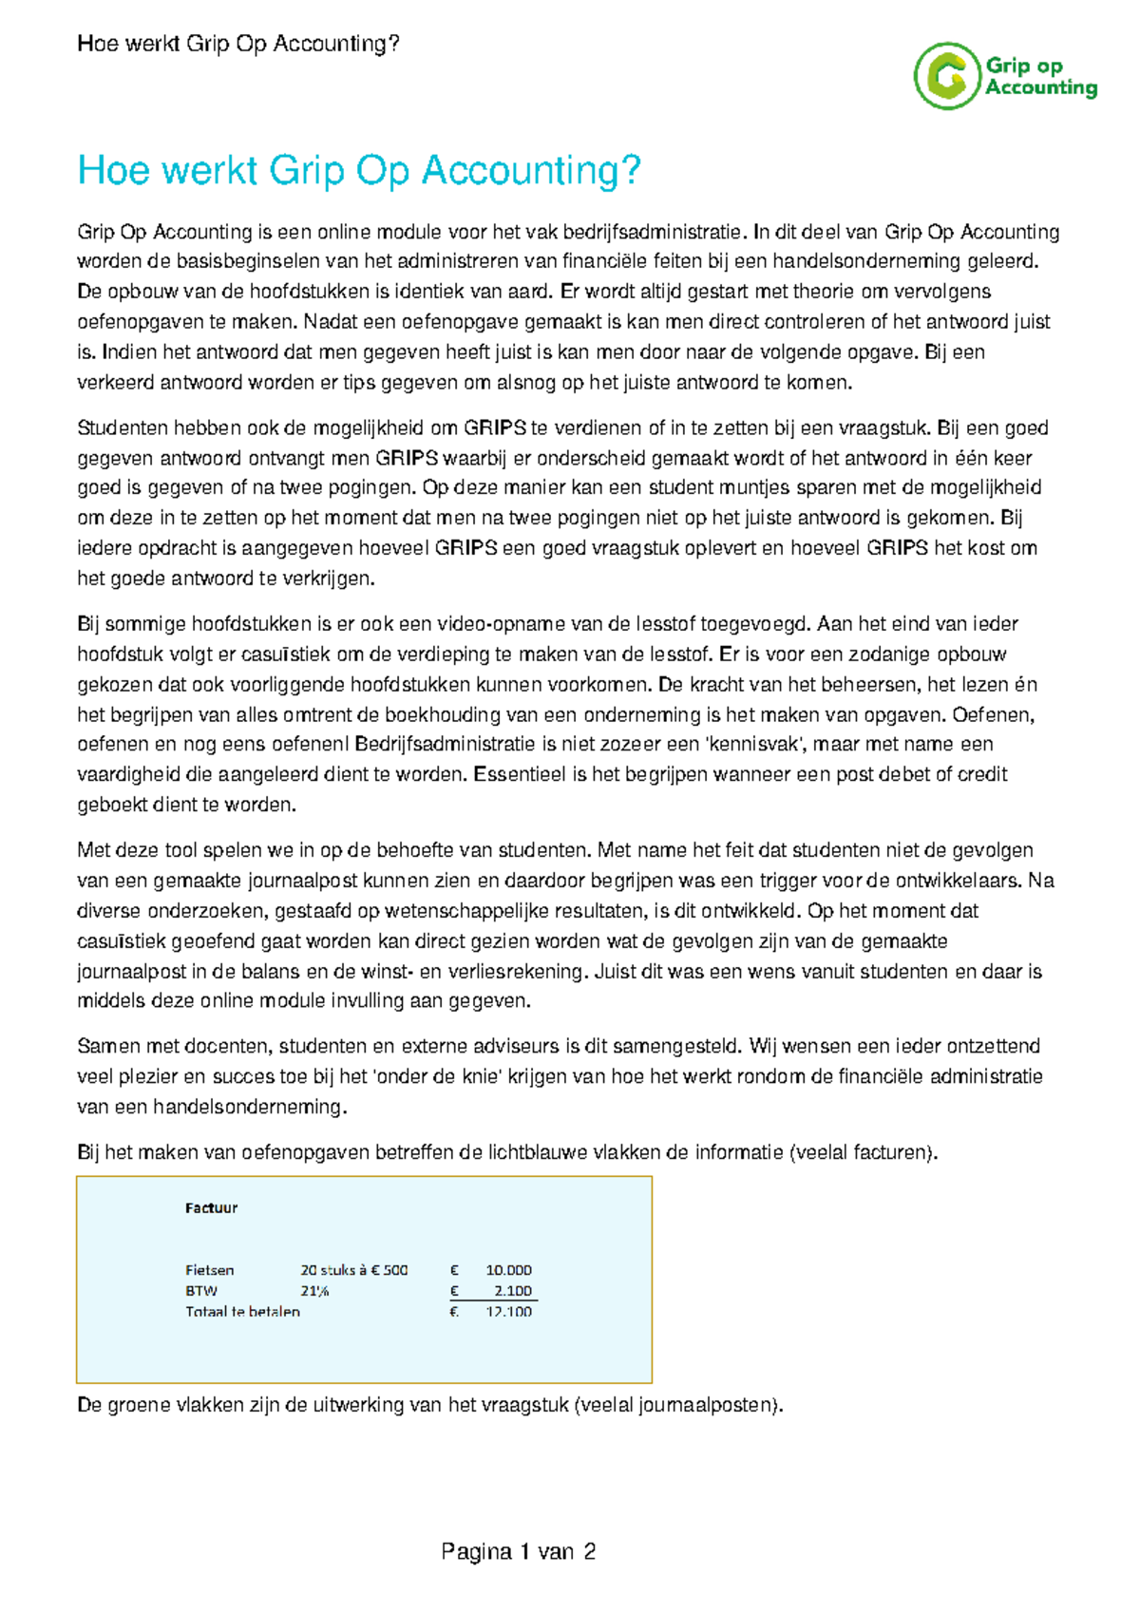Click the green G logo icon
(x=946, y=76)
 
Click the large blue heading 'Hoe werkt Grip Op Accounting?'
(x=359, y=171)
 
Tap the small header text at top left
(x=237, y=44)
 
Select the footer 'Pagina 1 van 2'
(x=518, y=1552)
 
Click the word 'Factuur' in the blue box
(x=211, y=1208)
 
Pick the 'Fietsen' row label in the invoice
(x=209, y=1270)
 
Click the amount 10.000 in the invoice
(x=508, y=1270)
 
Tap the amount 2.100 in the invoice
(x=513, y=1291)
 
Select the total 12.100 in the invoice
(x=508, y=1312)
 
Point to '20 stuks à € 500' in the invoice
(x=353, y=1270)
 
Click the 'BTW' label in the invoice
(x=201, y=1291)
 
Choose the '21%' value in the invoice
(x=314, y=1291)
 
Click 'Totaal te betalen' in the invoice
(x=242, y=1312)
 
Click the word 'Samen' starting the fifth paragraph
(x=103, y=1047)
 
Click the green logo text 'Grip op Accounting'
(x=1040, y=77)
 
